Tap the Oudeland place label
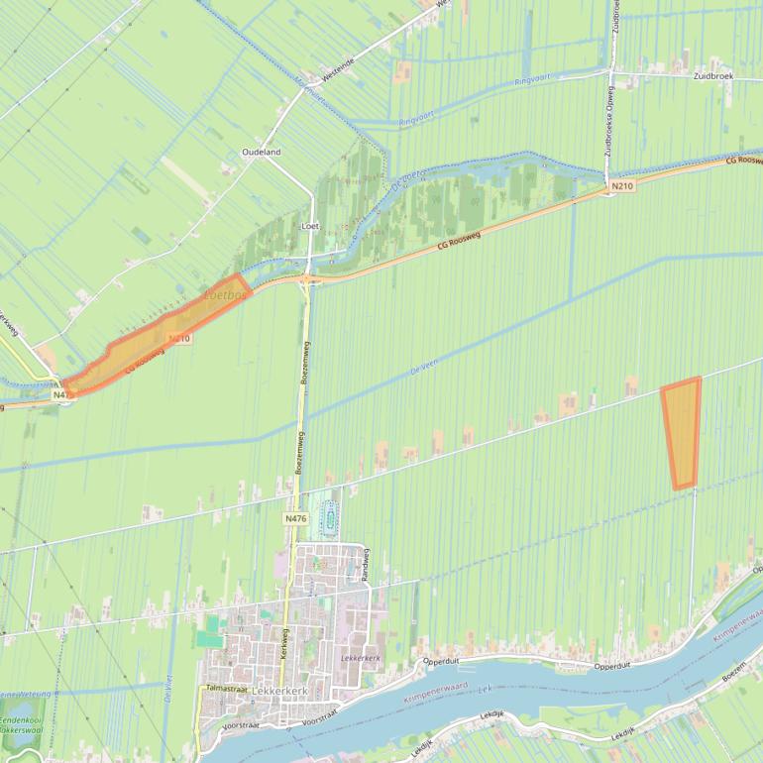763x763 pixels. point(262,152)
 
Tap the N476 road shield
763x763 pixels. point(295,518)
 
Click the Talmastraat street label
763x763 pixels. point(225,687)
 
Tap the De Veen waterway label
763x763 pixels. point(422,368)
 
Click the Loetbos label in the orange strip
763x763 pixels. point(224,295)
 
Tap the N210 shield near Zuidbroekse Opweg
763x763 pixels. point(622,185)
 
